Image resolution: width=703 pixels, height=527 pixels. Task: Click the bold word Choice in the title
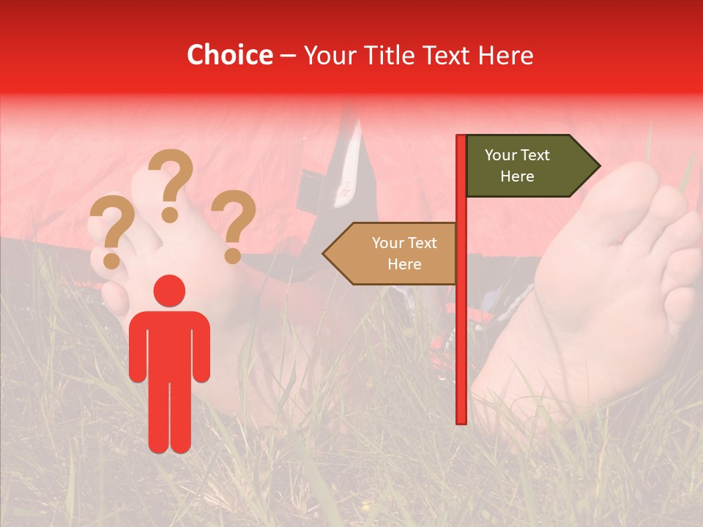[229, 55]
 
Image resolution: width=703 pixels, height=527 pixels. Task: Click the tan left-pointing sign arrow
[391, 253]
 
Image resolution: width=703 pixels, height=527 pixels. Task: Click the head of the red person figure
[169, 291]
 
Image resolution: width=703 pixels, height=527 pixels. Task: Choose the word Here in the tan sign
[404, 264]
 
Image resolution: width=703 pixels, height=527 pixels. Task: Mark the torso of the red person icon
[169, 344]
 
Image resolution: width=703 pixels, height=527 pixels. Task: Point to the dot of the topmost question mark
[170, 215]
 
